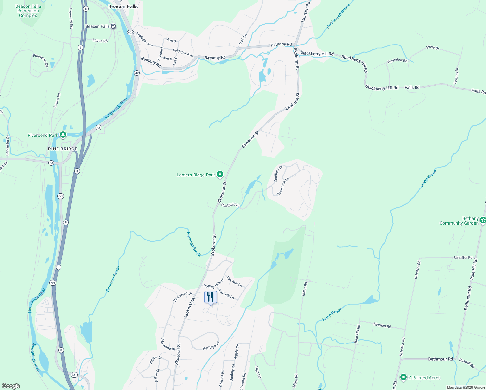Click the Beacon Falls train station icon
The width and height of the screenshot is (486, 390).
(113, 26)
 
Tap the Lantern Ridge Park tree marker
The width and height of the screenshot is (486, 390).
(220, 175)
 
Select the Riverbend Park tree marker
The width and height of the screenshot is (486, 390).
(63, 135)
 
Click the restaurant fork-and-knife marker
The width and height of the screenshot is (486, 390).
(211, 297)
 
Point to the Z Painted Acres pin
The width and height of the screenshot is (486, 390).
(403, 377)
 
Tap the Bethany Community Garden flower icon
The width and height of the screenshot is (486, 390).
(483, 221)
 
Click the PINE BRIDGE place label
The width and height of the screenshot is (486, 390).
(63, 149)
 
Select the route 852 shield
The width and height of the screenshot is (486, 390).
(130, 32)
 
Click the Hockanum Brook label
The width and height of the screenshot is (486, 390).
(338, 16)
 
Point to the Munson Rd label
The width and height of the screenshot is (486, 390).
(305, 12)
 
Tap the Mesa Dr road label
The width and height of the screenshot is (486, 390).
(432, 48)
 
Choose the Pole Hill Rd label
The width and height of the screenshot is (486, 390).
(474, 269)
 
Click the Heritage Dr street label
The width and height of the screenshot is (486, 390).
(211, 347)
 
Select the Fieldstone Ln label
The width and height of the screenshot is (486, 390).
(283, 187)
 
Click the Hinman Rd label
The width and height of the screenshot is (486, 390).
(382, 325)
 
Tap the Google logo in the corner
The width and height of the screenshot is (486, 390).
(11, 386)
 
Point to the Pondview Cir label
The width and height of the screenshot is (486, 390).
(41, 60)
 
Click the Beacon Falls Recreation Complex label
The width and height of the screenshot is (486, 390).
(28, 11)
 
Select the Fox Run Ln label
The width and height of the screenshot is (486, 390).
(234, 281)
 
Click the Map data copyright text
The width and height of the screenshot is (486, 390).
(466, 387)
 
